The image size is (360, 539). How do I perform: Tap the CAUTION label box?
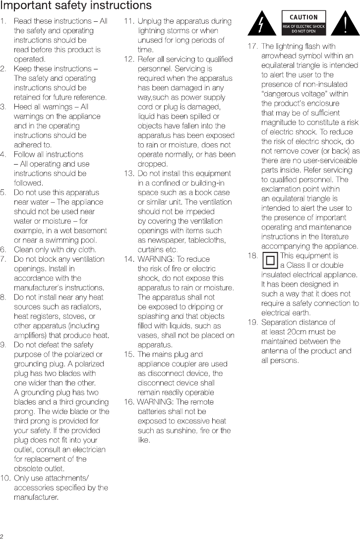(x=304, y=23)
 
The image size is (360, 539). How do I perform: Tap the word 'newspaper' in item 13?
(x=160, y=240)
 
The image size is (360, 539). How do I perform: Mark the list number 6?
(x=4, y=249)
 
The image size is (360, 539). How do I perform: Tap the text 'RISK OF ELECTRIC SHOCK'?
(x=304, y=26)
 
